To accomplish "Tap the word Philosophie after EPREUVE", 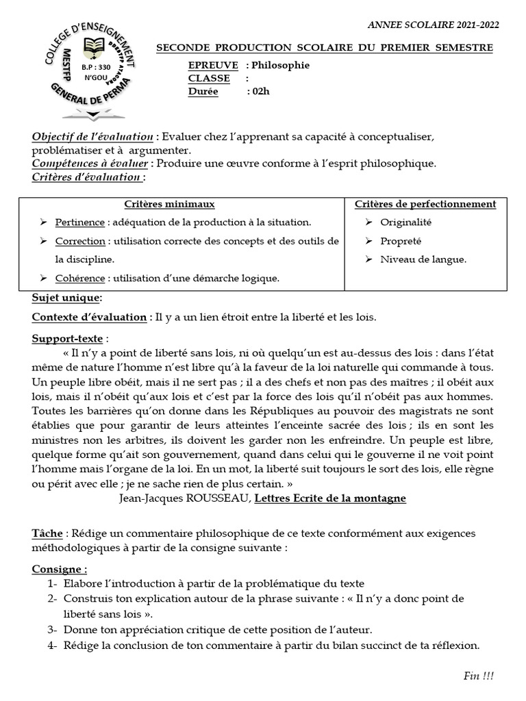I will coord(281,65).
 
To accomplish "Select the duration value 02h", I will coord(261,92).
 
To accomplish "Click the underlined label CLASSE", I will coord(209,78).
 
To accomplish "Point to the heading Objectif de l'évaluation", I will coord(93,137).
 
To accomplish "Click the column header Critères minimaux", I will coord(169,204).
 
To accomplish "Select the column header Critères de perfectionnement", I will coord(425,204).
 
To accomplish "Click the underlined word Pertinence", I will coord(80,222).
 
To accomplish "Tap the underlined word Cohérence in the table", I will coord(80,278).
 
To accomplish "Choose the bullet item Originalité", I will coord(406,222).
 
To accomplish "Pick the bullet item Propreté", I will coord(401,241).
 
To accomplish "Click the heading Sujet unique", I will coord(66,298).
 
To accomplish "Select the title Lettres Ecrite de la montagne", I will coord(330,498).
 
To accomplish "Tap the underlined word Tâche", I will coord(46,533).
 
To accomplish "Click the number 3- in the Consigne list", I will coord(53,630).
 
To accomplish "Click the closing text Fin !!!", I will coord(478,676).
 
